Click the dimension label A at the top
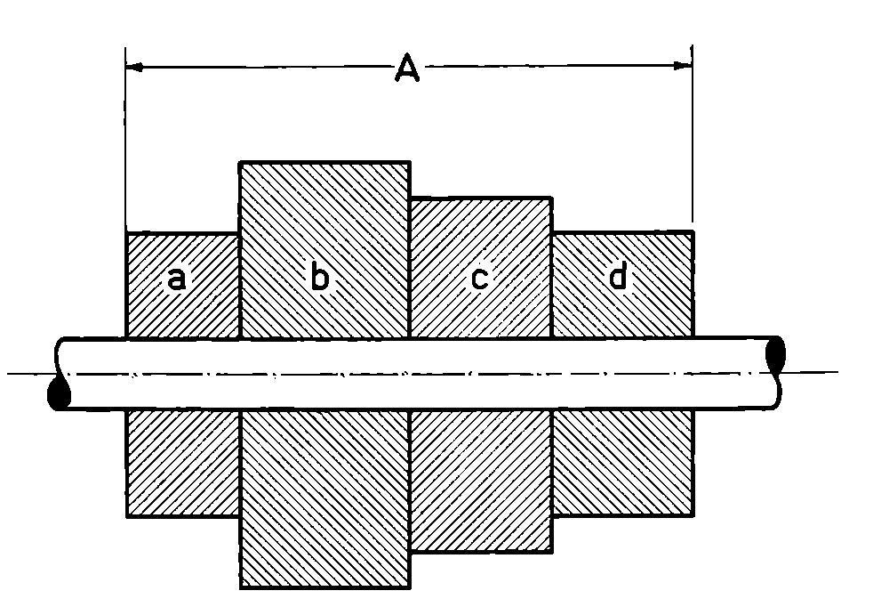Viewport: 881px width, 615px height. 406,68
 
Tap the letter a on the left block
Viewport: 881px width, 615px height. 177,279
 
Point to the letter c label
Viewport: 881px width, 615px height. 478,279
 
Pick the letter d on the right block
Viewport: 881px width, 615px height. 618,278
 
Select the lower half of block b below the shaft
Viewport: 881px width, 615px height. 324,498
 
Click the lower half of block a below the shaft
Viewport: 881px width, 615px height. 183,463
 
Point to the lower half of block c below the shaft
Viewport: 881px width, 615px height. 480,481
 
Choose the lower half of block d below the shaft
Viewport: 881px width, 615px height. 622,463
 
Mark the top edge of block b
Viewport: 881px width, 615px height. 324,162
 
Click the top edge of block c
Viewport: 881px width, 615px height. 480,198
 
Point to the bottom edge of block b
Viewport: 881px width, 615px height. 324,587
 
